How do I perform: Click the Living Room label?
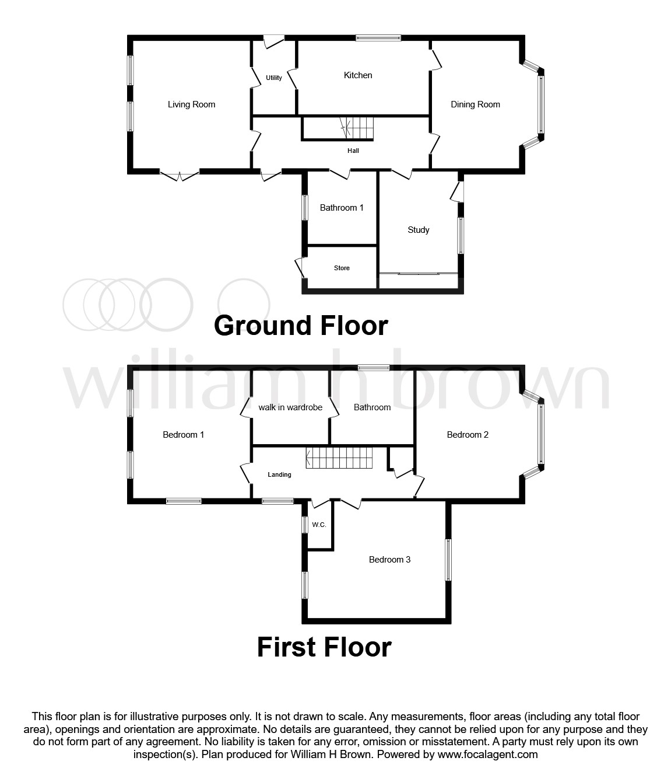[191, 104]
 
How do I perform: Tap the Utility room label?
[274, 78]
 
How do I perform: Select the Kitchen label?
[358, 75]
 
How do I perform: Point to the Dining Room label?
[475, 104]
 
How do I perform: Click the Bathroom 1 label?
[342, 208]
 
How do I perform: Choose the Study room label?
[419, 230]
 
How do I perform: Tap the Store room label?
[342, 268]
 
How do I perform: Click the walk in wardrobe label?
[290, 407]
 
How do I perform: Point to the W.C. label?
[319, 525]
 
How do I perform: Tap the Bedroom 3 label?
[389, 560]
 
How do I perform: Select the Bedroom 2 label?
[468, 435]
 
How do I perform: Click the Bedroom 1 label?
[183, 435]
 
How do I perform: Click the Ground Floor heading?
[301, 326]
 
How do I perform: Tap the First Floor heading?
[324, 647]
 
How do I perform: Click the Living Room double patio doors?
[180, 175]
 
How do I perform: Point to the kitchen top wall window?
[379, 39]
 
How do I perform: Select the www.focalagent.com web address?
[487, 755]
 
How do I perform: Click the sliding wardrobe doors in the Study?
[419, 273]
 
